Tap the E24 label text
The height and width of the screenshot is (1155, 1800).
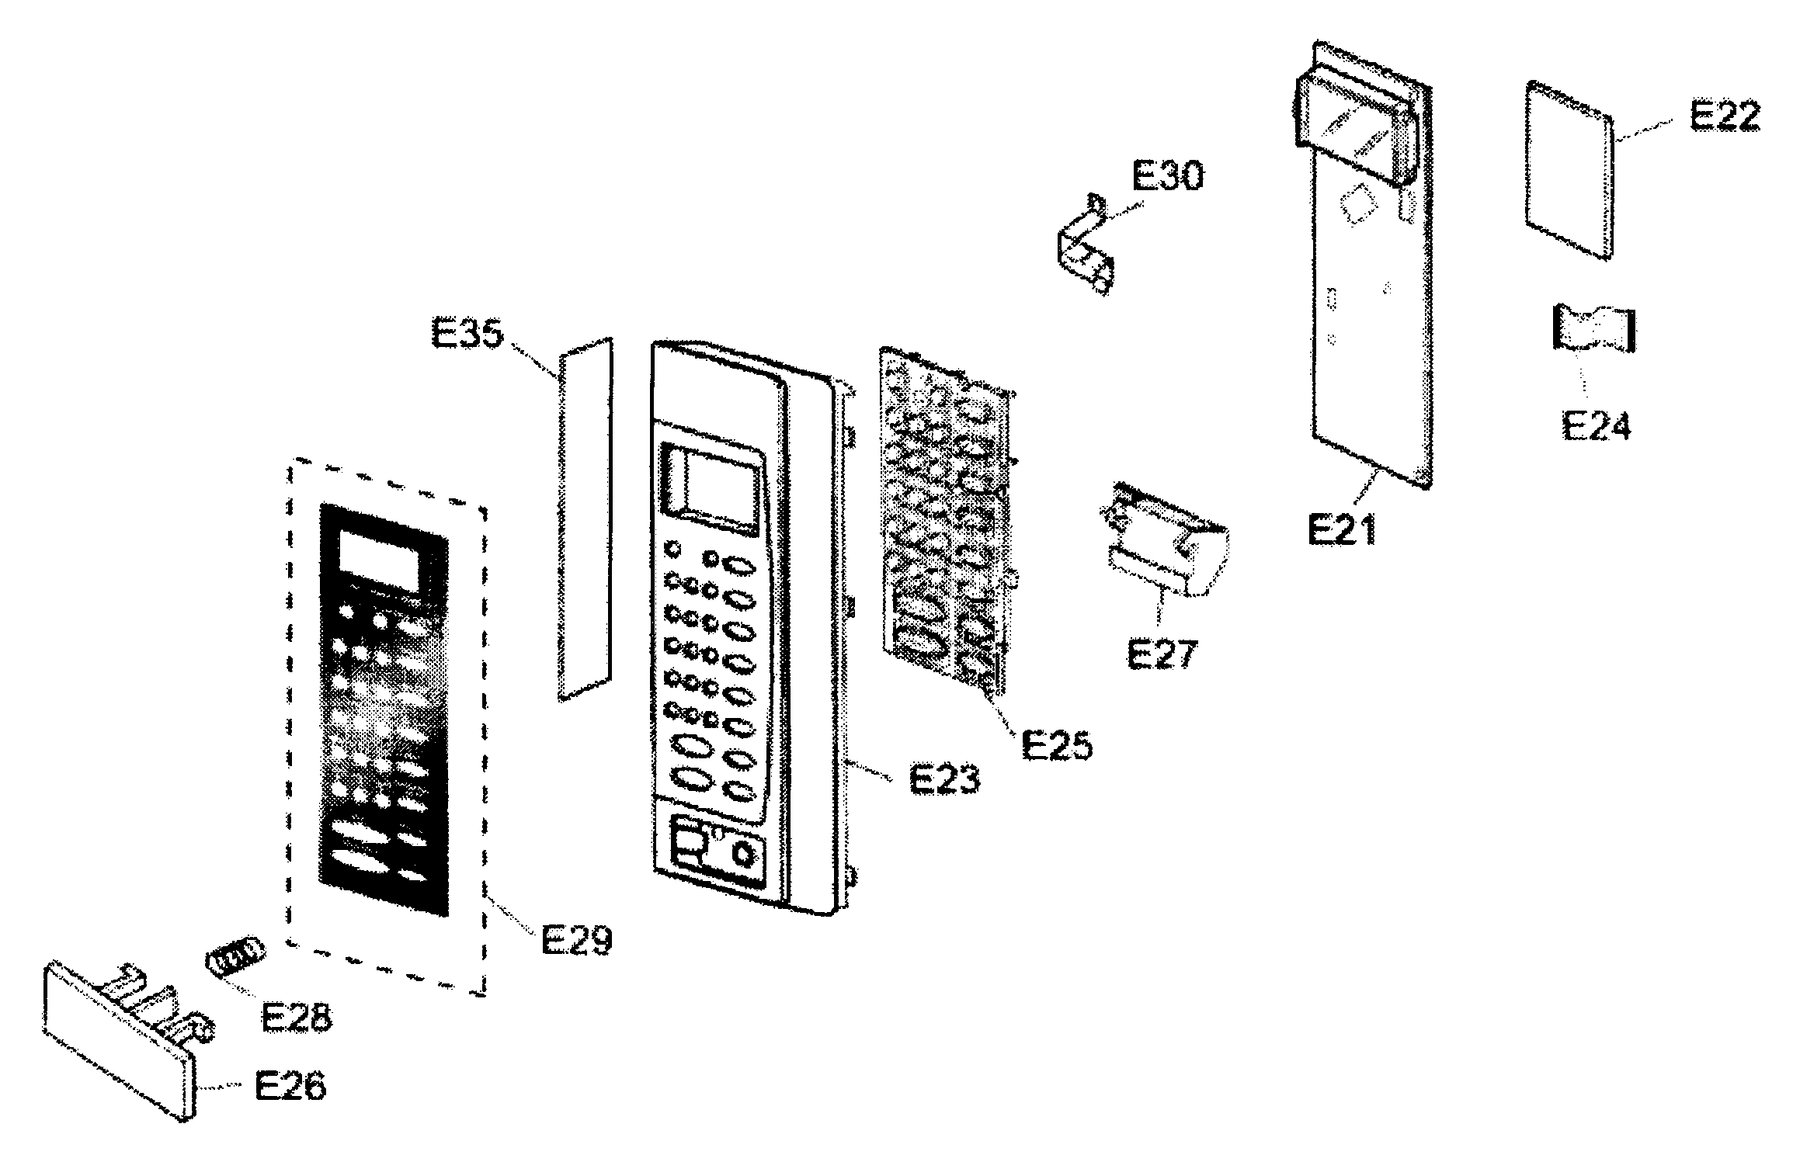(x=1597, y=425)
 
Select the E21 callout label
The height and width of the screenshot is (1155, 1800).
(x=1342, y=529)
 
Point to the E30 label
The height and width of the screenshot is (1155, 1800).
(x=1167, y=175)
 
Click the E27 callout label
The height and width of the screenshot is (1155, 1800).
(x=1162, y=654)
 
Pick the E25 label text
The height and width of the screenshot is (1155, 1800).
(x=1057, y=745)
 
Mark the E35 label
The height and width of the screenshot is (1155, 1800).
(x=467, y=335)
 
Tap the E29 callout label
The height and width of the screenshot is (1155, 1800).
(x=576, y=940)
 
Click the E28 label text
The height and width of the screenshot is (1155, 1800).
(x=297, y=1018)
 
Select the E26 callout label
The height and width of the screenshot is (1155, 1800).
(x=290, y=1086)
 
